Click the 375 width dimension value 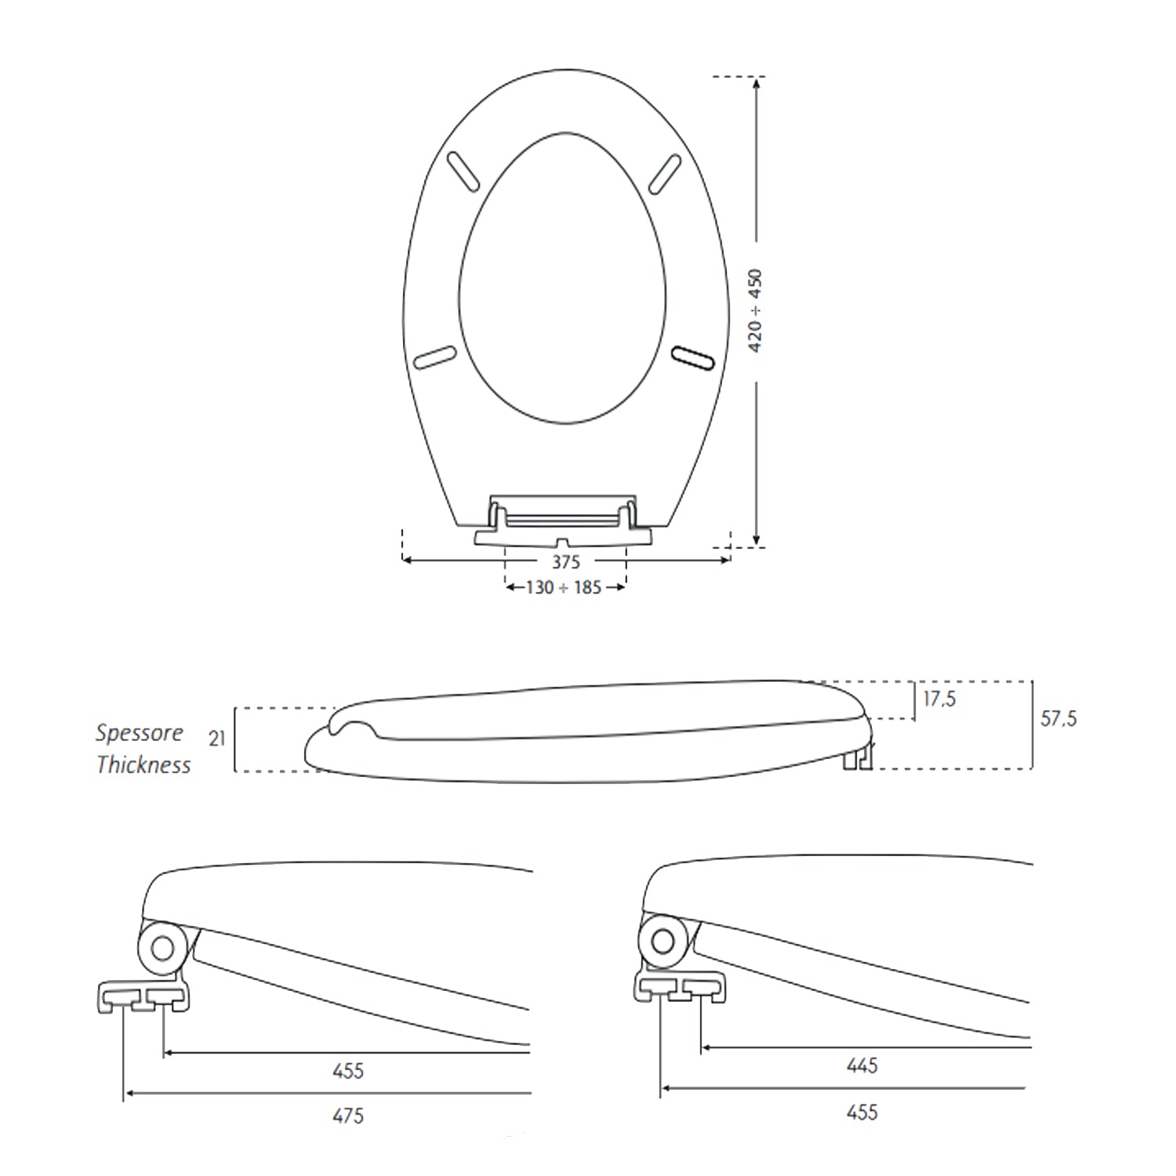565,561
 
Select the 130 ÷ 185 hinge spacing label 564,587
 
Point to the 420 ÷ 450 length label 754,310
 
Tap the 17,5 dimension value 939,699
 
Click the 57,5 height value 1058,718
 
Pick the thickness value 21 217,739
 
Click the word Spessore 140,733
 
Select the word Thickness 143,764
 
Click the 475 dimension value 348,1116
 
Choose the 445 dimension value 862,1065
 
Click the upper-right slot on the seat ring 665,173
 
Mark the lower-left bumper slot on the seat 435,357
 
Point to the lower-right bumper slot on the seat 693,357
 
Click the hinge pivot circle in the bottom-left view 163,949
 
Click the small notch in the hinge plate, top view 563,543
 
